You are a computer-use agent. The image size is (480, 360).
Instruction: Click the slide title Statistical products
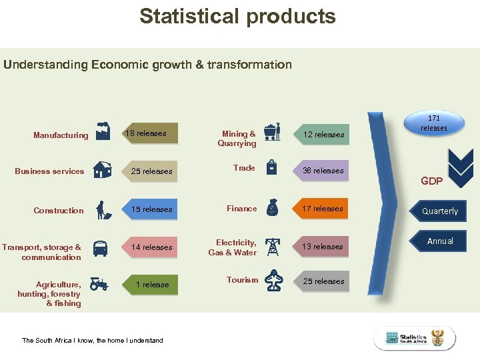[237, 16]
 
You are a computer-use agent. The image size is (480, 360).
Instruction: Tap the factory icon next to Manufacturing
[103, 132]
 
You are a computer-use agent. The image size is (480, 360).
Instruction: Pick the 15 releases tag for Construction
[151, 209]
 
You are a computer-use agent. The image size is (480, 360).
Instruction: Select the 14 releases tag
[151, 247]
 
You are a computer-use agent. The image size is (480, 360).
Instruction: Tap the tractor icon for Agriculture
[100, 284]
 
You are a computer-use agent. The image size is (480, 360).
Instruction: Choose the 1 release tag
[151, 285]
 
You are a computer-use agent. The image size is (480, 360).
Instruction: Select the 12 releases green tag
[323, 135]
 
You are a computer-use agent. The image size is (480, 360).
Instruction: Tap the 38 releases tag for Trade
[323, 171]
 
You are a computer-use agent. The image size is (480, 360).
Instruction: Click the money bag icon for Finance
[272, 207]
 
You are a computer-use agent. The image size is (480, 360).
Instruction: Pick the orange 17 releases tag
[323, 209]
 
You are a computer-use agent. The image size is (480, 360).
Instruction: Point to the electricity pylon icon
[273, 246]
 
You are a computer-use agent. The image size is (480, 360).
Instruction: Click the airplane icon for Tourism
[273, 281]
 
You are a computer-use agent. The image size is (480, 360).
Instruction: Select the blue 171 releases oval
[434, 123]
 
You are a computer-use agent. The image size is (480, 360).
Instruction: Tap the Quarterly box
[440, 211]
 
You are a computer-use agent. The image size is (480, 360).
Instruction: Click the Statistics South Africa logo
[414, 338]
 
